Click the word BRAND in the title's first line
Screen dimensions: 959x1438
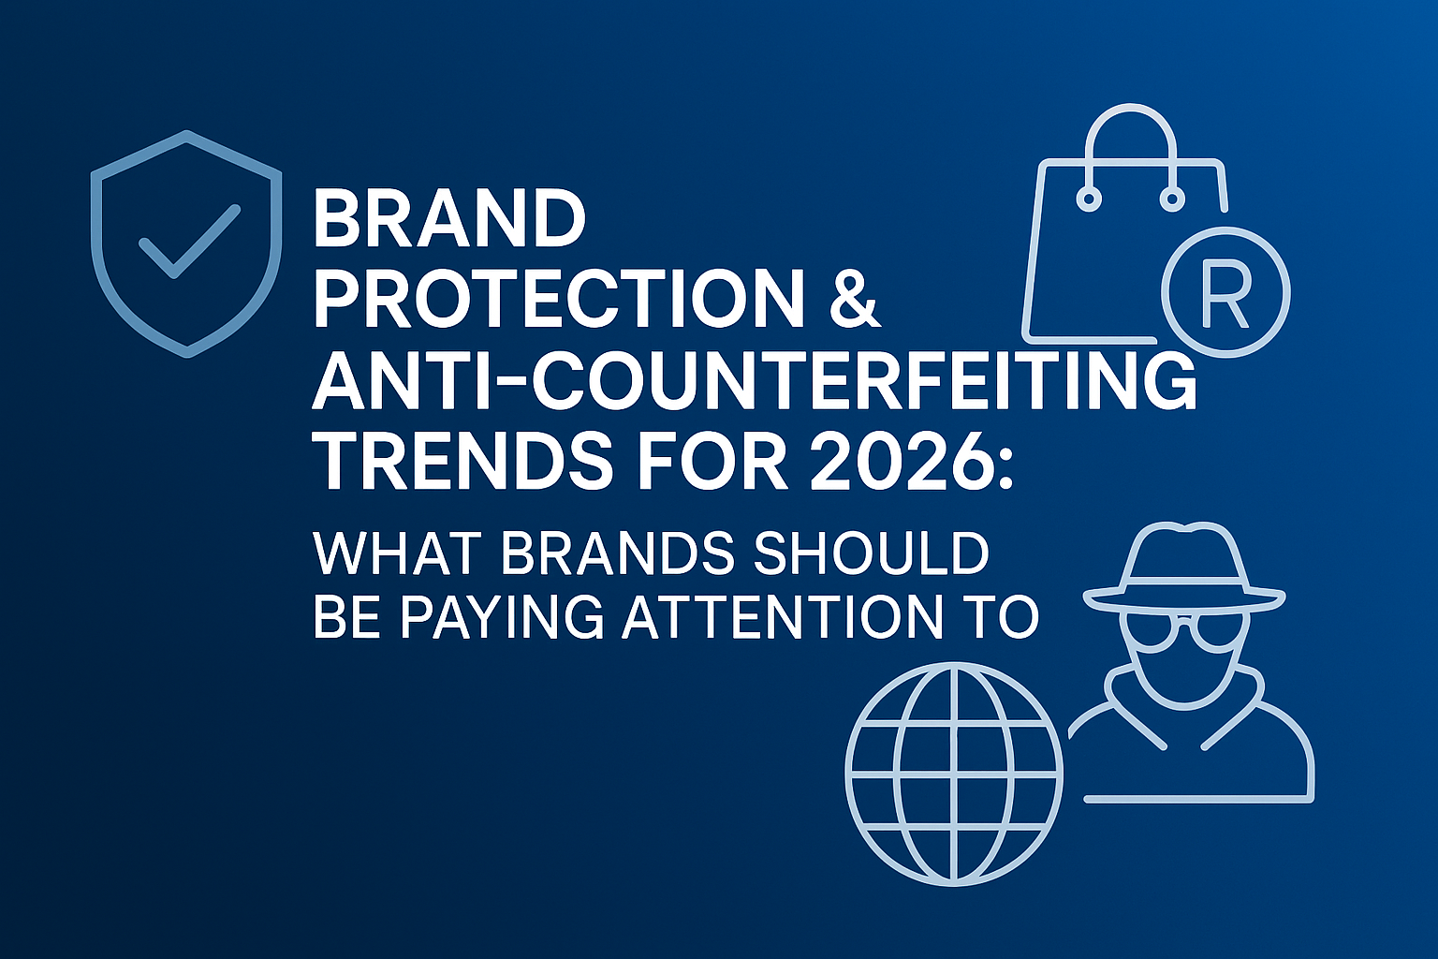449,218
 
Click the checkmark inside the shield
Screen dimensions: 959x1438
188,242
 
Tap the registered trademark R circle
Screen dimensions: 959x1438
1225,291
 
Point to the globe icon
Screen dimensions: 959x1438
954,773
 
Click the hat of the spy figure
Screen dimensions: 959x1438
1184,567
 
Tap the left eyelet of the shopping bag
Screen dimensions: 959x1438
1088,199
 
